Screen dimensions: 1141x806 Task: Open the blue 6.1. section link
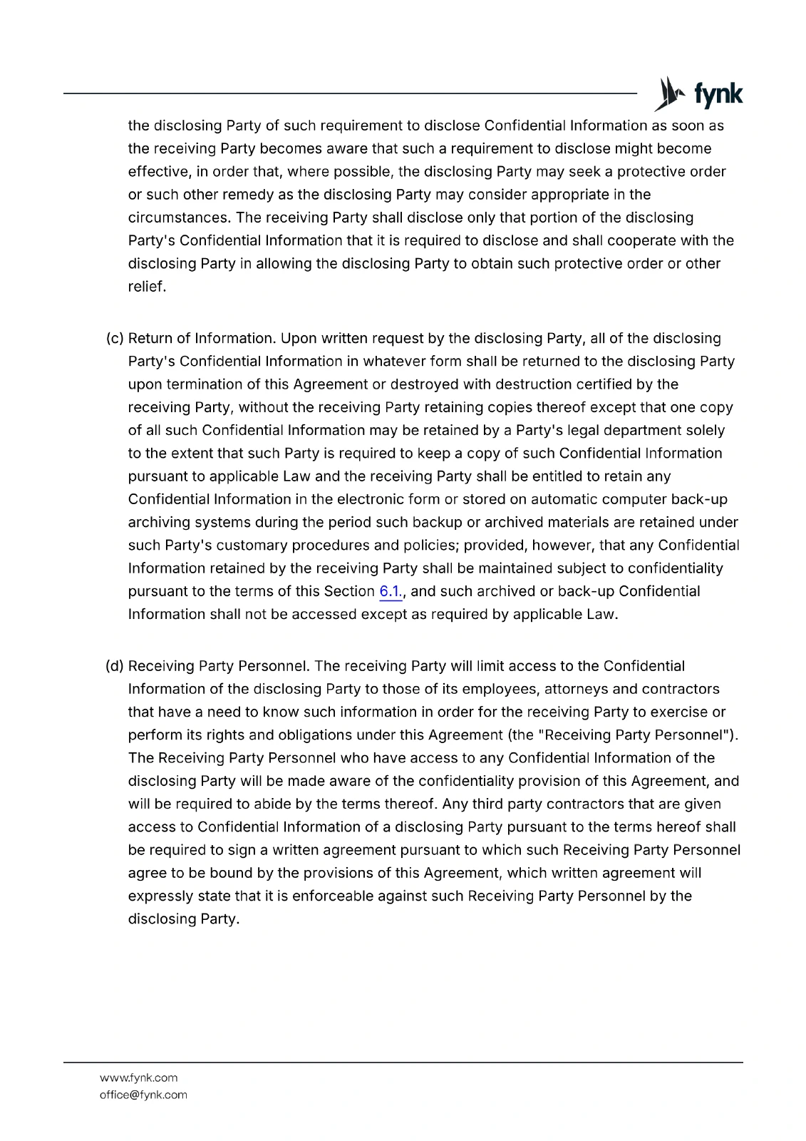coord(391,591)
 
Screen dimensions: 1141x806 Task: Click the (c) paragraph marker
coord(115,338)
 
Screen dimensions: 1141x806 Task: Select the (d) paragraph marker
coord(115,666)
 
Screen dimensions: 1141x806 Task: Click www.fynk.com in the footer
coord(139,1078)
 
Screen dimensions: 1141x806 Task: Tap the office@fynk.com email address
coord(143,1095)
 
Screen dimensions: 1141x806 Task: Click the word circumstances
coord(179,218)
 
